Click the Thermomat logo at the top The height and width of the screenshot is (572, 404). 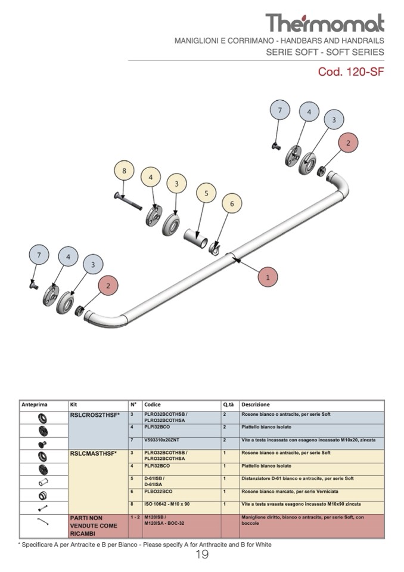click(325, 23)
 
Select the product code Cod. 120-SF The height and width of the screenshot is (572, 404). click(351, 73)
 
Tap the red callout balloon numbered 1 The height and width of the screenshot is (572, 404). click(268, 277)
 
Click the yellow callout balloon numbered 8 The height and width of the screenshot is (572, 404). click(124, 172)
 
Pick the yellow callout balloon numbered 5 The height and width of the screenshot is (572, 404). click(206, 193)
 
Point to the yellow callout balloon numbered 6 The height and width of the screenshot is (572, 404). click(232, 204)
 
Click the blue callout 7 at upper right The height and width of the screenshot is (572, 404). click(280, 110)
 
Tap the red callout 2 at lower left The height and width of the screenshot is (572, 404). click(108, 286)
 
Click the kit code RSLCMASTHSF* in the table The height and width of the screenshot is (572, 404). click(94, 453)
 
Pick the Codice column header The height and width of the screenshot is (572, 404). click(153, 404)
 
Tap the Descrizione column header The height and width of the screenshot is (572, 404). click(256, 404)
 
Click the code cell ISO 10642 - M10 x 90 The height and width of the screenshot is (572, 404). click(167, 504)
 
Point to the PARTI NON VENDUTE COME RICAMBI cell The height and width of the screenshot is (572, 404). click(94, 525)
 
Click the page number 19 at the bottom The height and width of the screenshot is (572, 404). click(201, 555)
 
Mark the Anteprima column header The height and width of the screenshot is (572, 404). click(34, 404)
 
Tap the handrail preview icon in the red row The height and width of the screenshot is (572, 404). click(43, 521)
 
